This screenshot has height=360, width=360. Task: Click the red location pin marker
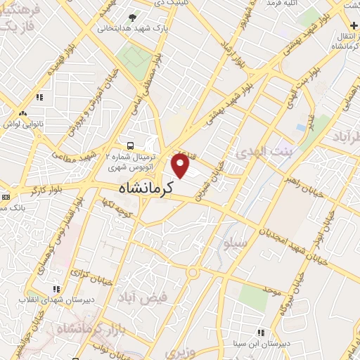pyautogui.click(x=181, y=165)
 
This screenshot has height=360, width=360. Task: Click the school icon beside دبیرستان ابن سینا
pyautogui.click(x=260, y=332)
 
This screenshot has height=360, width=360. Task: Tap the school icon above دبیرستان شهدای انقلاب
pyautogui.click(x=56, y=288)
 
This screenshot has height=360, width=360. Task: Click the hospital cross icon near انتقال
pyautogui.click(x=352, y=25)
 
